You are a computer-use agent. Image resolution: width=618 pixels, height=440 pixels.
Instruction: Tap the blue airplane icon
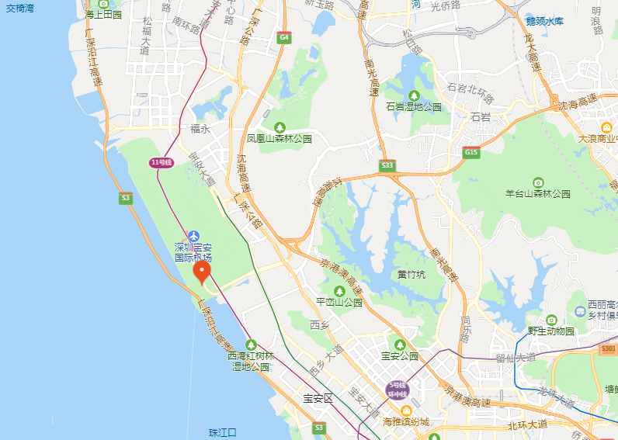[x=193, y=236]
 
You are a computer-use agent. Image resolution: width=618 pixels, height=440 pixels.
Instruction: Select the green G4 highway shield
[x=285, y=37]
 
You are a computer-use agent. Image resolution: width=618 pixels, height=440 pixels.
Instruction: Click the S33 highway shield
[x=387, y=166]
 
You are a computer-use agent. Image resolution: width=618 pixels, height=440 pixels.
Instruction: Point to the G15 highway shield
[x=471, y=154]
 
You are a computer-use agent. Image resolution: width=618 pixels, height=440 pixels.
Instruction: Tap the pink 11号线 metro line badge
[x=160, y=161]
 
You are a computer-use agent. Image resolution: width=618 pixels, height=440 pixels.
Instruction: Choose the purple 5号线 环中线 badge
[x=398, y=389]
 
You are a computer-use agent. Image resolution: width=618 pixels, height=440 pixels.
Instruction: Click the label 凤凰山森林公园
[x=279, y=139]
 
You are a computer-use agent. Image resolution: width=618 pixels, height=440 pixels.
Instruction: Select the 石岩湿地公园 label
[x=414, y=107]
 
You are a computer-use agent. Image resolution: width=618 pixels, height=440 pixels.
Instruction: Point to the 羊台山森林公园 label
[x=538, y=193]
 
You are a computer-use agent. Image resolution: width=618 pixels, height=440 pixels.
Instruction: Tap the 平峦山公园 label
[x=339, y=303]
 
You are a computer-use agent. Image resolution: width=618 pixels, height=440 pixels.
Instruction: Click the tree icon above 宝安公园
[x=400, y=345]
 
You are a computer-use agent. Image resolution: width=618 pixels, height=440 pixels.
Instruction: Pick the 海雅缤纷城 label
[x=405, y=422]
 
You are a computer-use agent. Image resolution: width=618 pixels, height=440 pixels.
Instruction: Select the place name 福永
[x=200, y=130]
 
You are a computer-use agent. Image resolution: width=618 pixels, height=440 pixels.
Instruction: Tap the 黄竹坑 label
[x=411, y=274]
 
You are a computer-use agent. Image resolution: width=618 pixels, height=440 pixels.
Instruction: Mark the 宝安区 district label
[x=318, y=398]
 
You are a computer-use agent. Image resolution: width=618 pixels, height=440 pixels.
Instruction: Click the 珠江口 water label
[x=222, y=432]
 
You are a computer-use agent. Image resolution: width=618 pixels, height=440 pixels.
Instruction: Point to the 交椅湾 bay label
[x=21, y=7]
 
